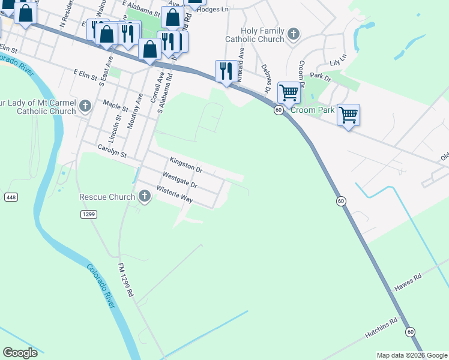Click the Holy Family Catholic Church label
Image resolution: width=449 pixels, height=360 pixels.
pos(262,35)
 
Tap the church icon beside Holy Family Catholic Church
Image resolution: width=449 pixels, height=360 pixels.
pos(294,34)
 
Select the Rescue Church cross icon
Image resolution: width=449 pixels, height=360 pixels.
pos(144,196)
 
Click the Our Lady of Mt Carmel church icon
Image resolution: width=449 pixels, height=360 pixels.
pos(85,107)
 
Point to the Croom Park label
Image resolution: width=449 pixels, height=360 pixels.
pos(312,110)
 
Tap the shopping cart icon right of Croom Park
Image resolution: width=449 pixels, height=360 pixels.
pos(348,114)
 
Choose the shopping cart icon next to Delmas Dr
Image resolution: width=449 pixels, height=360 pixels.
pos(289,93)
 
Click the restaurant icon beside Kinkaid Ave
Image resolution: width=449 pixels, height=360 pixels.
pos(226,71)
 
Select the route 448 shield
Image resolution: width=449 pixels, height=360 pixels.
pos(11,197)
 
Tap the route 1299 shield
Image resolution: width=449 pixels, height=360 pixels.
pos(89,214)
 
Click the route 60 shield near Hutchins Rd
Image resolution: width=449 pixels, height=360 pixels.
pos(411,331)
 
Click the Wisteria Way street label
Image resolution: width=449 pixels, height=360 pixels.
pos(174,195)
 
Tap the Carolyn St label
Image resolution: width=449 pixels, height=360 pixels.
pos(113,151)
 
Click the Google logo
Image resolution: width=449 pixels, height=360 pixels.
pos(20,353)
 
